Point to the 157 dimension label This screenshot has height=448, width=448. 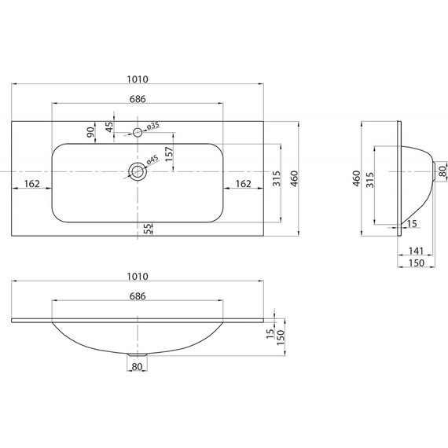click(169, 154)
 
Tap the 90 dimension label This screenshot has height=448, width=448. click(90, 132)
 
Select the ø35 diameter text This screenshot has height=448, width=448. click(152, 126)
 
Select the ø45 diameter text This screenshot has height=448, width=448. click(152, 160)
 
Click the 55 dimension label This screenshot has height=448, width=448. click(148, 229)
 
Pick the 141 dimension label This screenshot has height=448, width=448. click(416, 251)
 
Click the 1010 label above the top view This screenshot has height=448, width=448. click(138, 79)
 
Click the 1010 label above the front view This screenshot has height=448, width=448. click(138, 277)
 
